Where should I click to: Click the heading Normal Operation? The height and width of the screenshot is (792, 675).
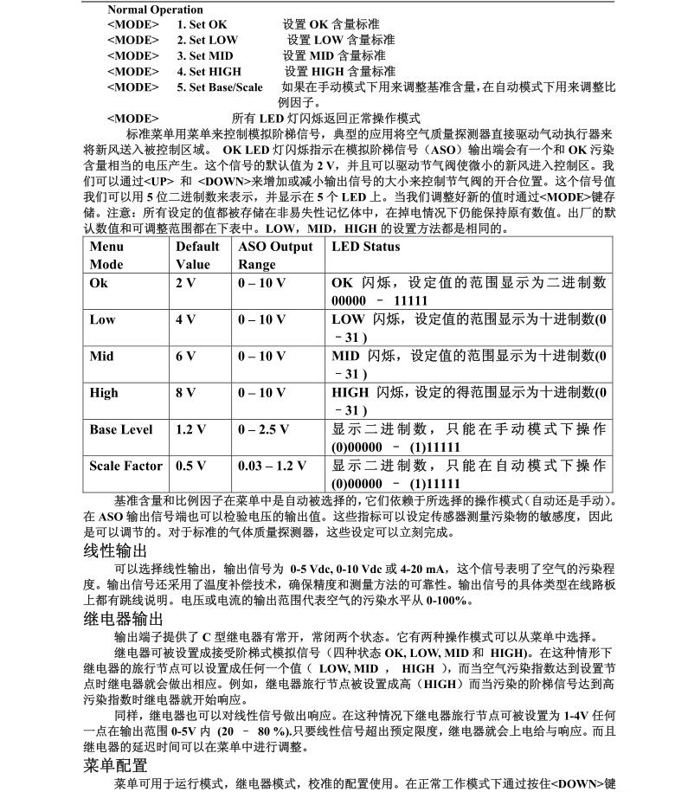click(x=155, y=10)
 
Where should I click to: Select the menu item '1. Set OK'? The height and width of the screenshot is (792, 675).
click(x=202, y=24)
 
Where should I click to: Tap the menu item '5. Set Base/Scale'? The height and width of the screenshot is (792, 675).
click(x=220, y=87)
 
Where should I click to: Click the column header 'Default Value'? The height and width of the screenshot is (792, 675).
click(x=197, y=255)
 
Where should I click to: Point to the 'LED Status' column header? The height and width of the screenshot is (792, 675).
click(x=366, y=247)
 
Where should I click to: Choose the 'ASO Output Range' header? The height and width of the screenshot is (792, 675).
click(x=275, y=255)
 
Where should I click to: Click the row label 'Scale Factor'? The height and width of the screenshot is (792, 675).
click(x=125, y=466)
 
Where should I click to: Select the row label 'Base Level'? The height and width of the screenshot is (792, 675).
click(x=121, y=429)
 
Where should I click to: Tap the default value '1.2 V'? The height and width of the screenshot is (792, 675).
click(x=191, y=429)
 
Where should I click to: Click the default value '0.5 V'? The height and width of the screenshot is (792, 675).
click(x=191, y=466)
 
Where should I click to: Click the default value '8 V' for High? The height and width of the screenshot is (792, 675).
click(x=186, y=393)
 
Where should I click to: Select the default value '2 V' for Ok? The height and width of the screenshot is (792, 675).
click(x=186, y=283)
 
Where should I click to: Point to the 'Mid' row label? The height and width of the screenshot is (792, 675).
click(x=102, y=357)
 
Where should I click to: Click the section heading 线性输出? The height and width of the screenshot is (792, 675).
click(x=116, y=551)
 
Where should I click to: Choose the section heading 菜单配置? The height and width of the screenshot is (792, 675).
click(x=116, y=765)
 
